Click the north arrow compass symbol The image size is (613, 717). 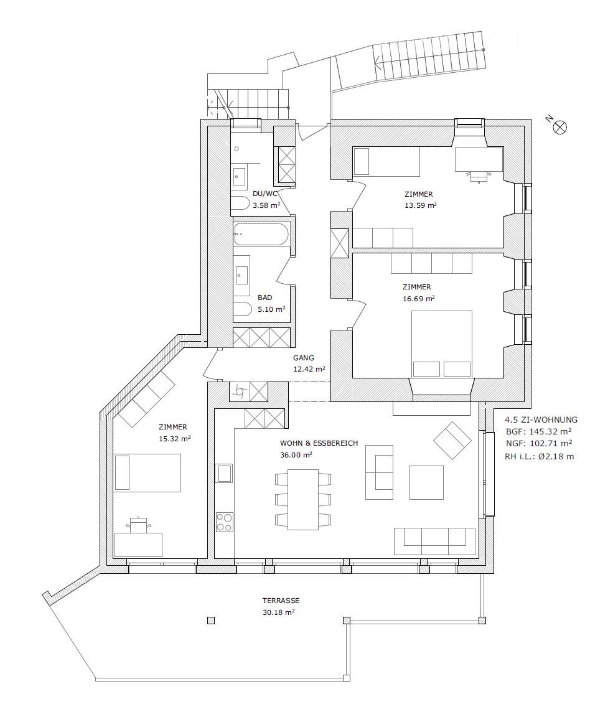pos(560,127)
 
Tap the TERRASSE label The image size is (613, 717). pos(281,601)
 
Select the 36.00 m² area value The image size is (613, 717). pos(296,454)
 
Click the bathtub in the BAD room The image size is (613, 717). pos(261,235)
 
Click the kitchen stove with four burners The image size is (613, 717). pos(224,522)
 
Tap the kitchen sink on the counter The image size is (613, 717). pos(224,473)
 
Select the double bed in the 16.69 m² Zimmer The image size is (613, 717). pos(441,344)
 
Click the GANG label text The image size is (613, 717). pos(304,358)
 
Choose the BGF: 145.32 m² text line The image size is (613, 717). pos(538,431)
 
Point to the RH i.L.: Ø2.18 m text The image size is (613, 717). pos(539,456)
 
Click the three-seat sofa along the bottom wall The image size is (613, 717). pos(435,540)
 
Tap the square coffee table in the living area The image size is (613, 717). pos(426,482)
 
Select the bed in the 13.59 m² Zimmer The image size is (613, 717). pos(386,162)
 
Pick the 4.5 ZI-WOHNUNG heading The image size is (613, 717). pos(541,419)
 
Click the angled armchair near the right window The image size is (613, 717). pos(452,440)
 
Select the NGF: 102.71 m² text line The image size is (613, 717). pos(538,443)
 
